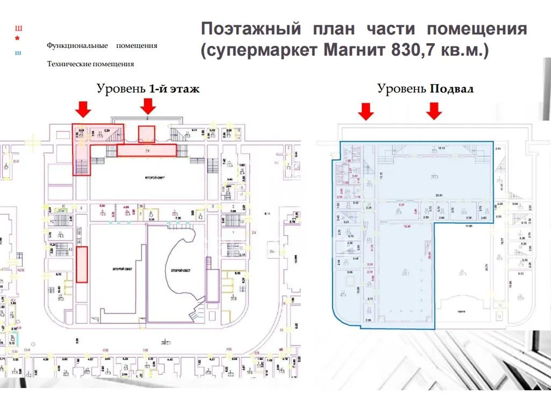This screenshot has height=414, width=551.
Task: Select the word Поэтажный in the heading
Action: [249, 29]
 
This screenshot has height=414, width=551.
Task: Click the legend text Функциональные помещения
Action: [102, 46]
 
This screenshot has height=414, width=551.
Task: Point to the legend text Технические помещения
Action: [90, 64]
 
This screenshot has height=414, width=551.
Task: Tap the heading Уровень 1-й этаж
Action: [148, 89]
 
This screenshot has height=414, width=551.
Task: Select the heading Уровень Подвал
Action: [425, 89]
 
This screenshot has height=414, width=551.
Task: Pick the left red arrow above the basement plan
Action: [366, 111]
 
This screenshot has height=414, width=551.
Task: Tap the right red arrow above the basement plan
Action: [434, 111]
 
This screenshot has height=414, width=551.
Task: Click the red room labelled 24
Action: [146, 151]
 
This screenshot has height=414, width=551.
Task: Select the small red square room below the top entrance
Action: [146, 134]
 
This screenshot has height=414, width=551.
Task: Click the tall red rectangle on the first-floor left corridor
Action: [82, 264]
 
